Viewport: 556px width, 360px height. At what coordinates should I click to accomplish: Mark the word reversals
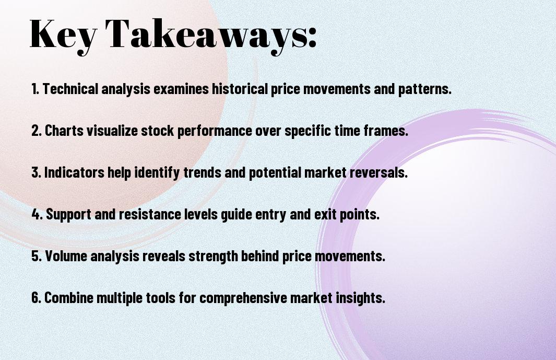tap(378, 172)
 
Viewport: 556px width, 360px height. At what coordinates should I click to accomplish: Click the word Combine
tap(69, 297)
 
